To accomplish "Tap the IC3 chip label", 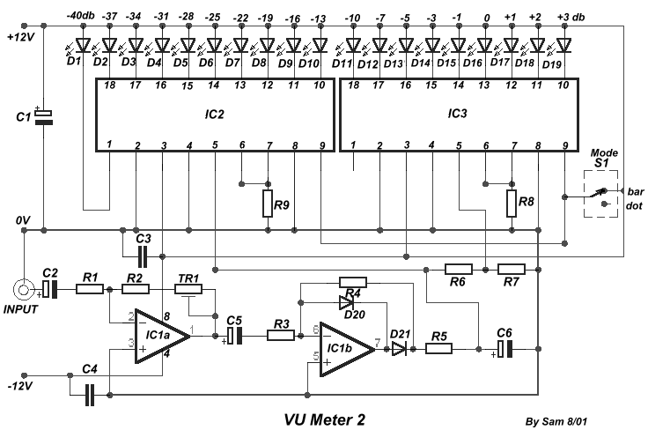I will pos(458,115).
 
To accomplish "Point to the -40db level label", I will pos(81,16).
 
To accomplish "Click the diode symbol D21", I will pos(400,349).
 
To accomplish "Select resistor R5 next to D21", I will pos(438,349).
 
